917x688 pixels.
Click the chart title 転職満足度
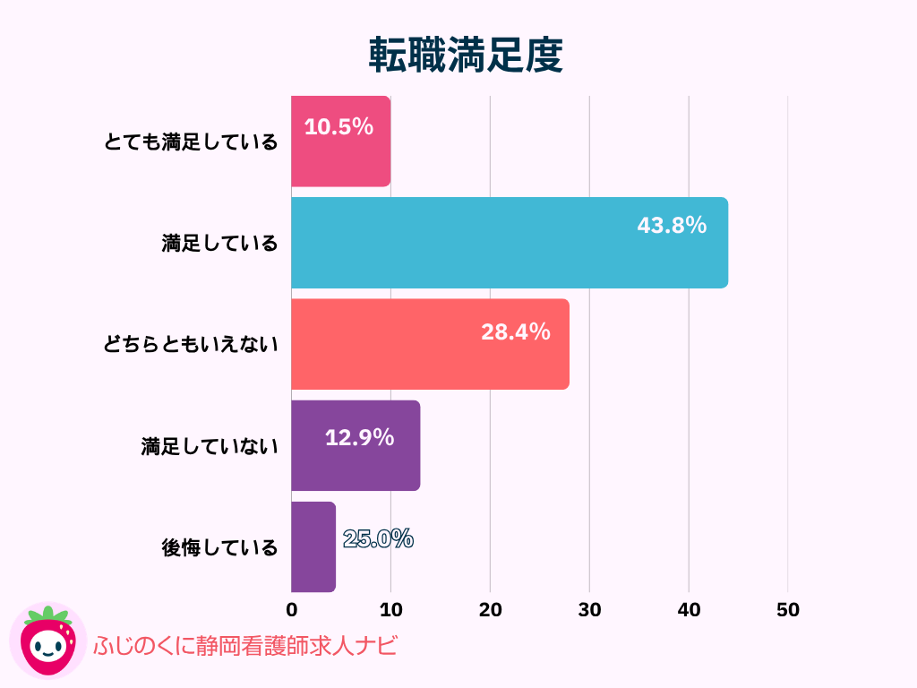(466, 56)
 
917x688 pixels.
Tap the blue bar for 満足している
(509, 255)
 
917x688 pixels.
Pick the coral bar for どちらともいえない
(430, 358)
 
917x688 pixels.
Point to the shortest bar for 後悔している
(313, 546)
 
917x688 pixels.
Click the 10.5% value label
(339, 127)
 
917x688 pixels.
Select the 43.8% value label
(672, 226)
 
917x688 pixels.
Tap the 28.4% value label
(516, 332)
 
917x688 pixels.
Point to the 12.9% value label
(359, 438)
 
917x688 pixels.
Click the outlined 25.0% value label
(378, 539)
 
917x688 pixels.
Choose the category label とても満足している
(190, 142)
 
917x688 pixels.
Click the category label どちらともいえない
(190, 344)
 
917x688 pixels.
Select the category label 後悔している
(219, 547)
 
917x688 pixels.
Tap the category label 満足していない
(210, 446)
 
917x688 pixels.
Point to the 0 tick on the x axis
(292, 610)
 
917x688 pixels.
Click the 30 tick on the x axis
(589, 610)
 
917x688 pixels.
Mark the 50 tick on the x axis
(788, 610)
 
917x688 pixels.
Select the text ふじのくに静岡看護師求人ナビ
(244, 646)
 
